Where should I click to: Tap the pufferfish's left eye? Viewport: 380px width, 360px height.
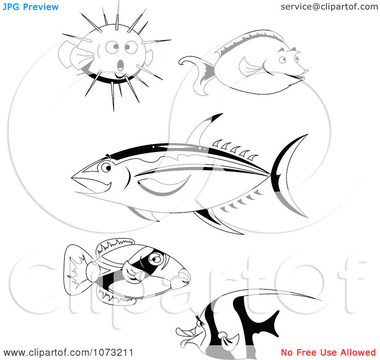tap(112, 47)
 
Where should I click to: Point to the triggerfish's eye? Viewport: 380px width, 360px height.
tap(155, 259)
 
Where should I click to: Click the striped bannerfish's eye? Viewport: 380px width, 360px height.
tap(201, 324)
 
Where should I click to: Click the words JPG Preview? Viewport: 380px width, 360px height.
tap(31, 7)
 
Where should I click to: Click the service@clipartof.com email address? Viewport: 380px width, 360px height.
tap(329, 7)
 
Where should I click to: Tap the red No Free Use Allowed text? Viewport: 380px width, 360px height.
tap(328, 352)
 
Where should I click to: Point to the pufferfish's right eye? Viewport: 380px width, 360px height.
tap(131, 47)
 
